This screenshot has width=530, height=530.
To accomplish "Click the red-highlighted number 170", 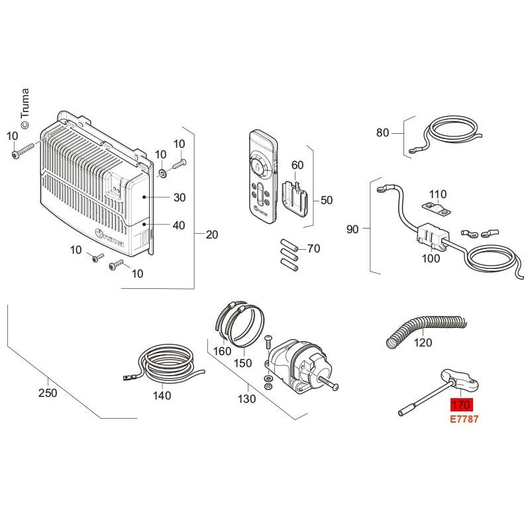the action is (461, 405).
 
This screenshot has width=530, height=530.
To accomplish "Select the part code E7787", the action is (464, 419).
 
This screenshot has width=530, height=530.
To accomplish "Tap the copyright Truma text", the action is (25, 108).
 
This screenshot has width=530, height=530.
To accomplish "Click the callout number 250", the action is (48, 393).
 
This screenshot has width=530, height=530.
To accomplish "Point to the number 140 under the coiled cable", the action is (162, 396).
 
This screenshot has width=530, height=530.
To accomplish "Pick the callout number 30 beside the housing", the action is (180, 197).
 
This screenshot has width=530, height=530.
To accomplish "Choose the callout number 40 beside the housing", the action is (179, 225).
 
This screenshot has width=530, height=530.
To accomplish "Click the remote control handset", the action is (263, 177).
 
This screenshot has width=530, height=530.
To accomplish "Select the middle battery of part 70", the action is (289, 255).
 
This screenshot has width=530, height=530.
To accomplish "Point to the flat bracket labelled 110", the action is (437, 209).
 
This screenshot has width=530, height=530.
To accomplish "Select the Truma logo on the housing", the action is (110, 237).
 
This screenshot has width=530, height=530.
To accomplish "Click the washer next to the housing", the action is (163, 174).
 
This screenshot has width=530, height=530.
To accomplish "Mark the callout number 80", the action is (383, 133).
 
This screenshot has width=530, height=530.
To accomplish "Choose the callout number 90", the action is (352, 229).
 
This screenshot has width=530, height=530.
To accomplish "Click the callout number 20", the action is (212, 235).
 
